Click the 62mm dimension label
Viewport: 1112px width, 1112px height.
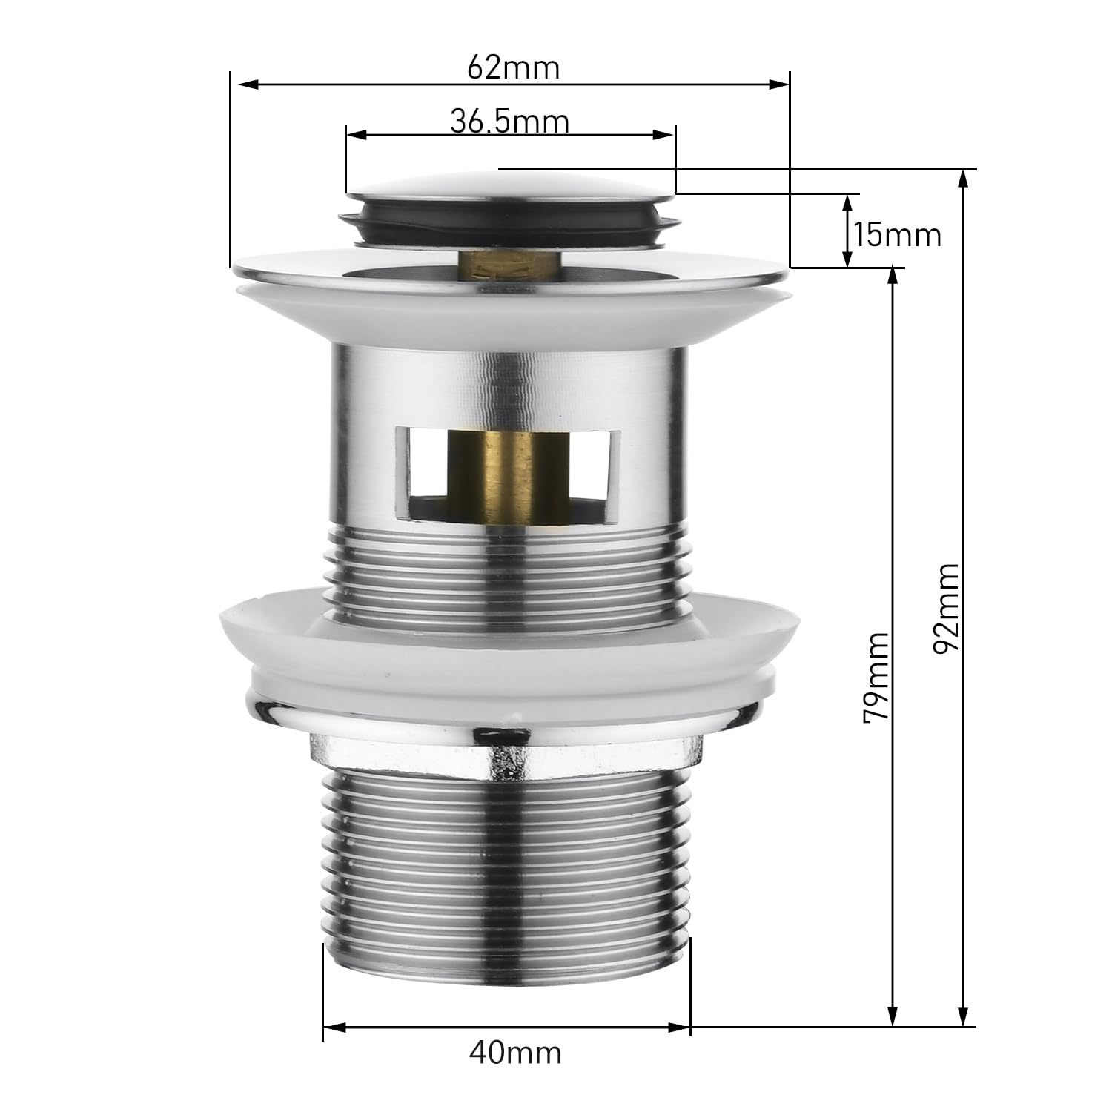513,68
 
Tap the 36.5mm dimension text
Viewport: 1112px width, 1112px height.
509,121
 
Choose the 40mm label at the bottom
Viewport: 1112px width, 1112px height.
515,1052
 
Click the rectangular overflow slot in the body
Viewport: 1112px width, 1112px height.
509,472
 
